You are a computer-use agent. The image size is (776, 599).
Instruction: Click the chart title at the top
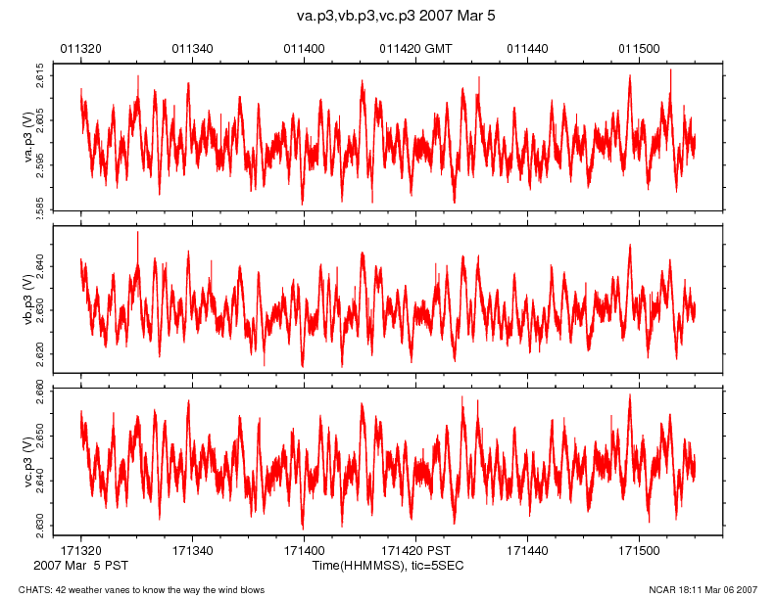click(388, 17)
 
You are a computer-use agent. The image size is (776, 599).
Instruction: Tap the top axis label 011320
click(80, 48)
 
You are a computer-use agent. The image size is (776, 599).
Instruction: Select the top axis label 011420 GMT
click(415, 48)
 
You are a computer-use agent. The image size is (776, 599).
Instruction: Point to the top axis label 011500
click(639, 48)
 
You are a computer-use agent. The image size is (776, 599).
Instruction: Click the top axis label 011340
click(192, 48)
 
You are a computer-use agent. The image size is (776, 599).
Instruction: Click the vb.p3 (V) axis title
click(28, 299)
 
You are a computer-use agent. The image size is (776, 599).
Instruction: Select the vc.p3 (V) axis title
click(28, 460)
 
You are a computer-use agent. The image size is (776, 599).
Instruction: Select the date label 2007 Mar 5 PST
click(80, 566)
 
